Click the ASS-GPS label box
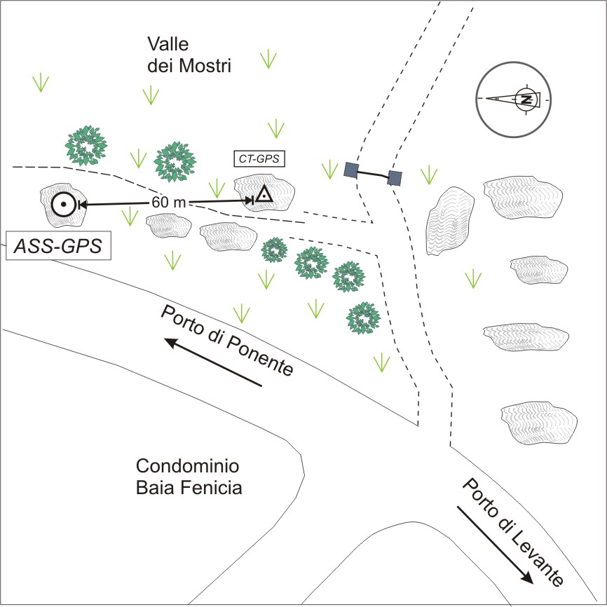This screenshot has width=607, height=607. click(58, 246)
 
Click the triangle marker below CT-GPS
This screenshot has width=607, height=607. click(263, 194)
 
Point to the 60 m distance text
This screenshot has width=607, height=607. click(169, 203)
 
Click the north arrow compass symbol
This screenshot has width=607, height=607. click(512, 99)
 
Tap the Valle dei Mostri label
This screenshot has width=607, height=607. click(189, 55)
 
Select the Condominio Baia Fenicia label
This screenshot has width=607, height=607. click(189, 477)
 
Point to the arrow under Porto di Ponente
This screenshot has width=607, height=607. click(213, 362)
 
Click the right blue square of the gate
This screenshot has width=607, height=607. click(395, 178)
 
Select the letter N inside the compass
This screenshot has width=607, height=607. click(526, 99)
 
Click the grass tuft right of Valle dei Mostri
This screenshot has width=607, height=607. click(267, 60)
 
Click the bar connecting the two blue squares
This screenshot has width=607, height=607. click(373, 174)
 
